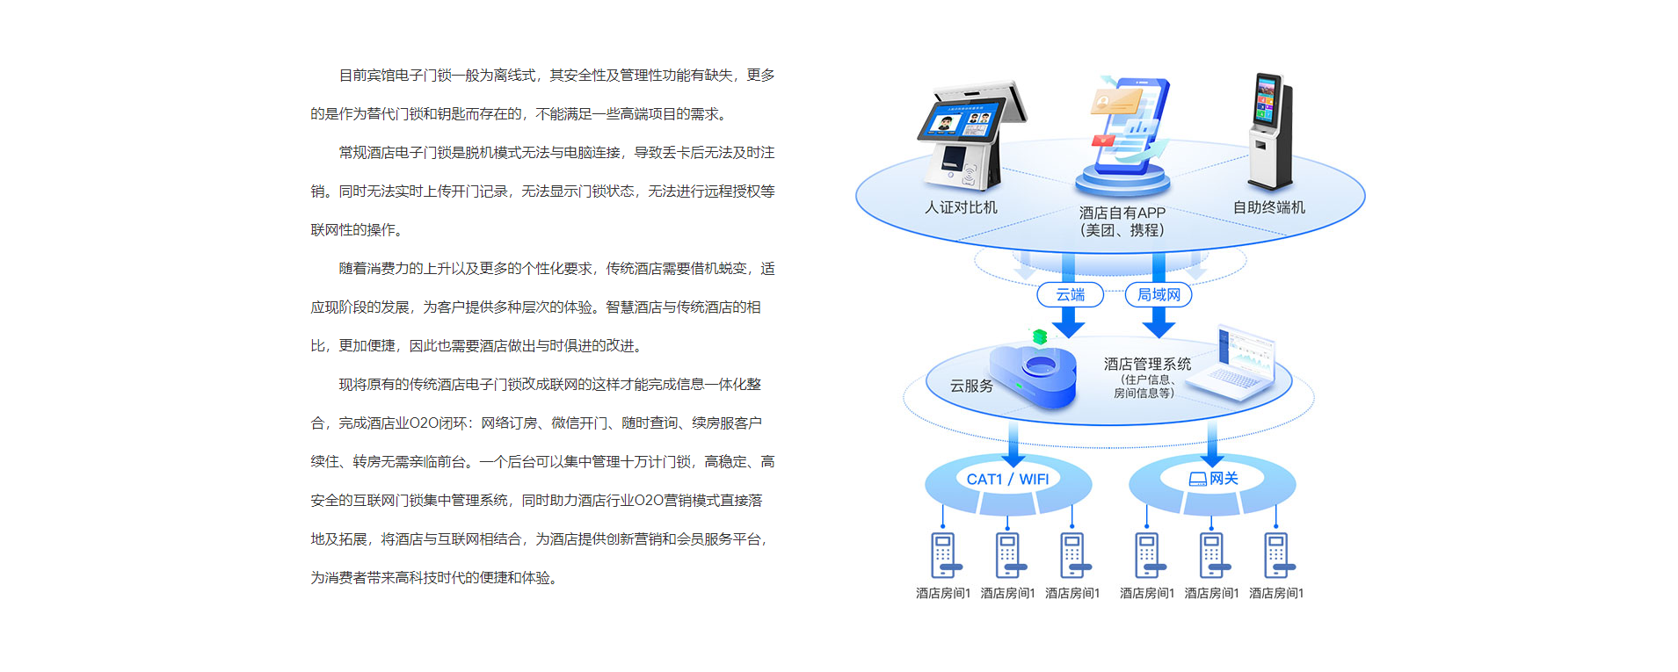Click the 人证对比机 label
pos(961,207)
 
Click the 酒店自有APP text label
pos(1122,213)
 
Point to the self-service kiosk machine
pos(1269,132)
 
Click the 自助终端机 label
pos(1268,207)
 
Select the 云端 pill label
pos(1070,294)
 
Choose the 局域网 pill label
pos(1159,294)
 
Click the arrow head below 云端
pos(1069,328)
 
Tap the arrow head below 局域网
pos(1159,328)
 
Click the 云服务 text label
pos(971,386)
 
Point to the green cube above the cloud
pos(1040,336)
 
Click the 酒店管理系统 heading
pos(1147,364)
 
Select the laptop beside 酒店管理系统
pos(1240,367)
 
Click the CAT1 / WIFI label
pos(1007,479)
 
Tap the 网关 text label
pos(1223,478)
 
